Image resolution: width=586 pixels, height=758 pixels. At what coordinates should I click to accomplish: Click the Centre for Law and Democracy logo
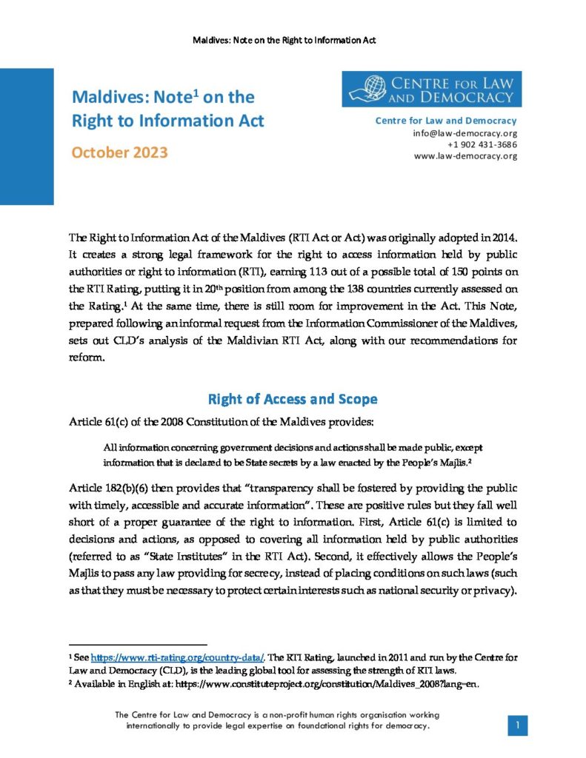point(432,89)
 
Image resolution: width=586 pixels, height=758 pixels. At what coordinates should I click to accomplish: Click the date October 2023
point(119,153)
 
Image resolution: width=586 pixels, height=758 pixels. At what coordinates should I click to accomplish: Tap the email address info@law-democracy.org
point(465,133)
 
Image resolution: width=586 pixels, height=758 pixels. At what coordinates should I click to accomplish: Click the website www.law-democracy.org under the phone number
point(465,155)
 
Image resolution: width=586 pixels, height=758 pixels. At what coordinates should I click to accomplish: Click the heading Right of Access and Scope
point(293,400)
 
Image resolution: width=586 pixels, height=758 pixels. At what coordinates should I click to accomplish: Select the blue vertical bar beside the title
point(27,137)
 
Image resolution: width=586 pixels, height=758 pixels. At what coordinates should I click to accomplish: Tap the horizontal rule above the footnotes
point(138,645)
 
